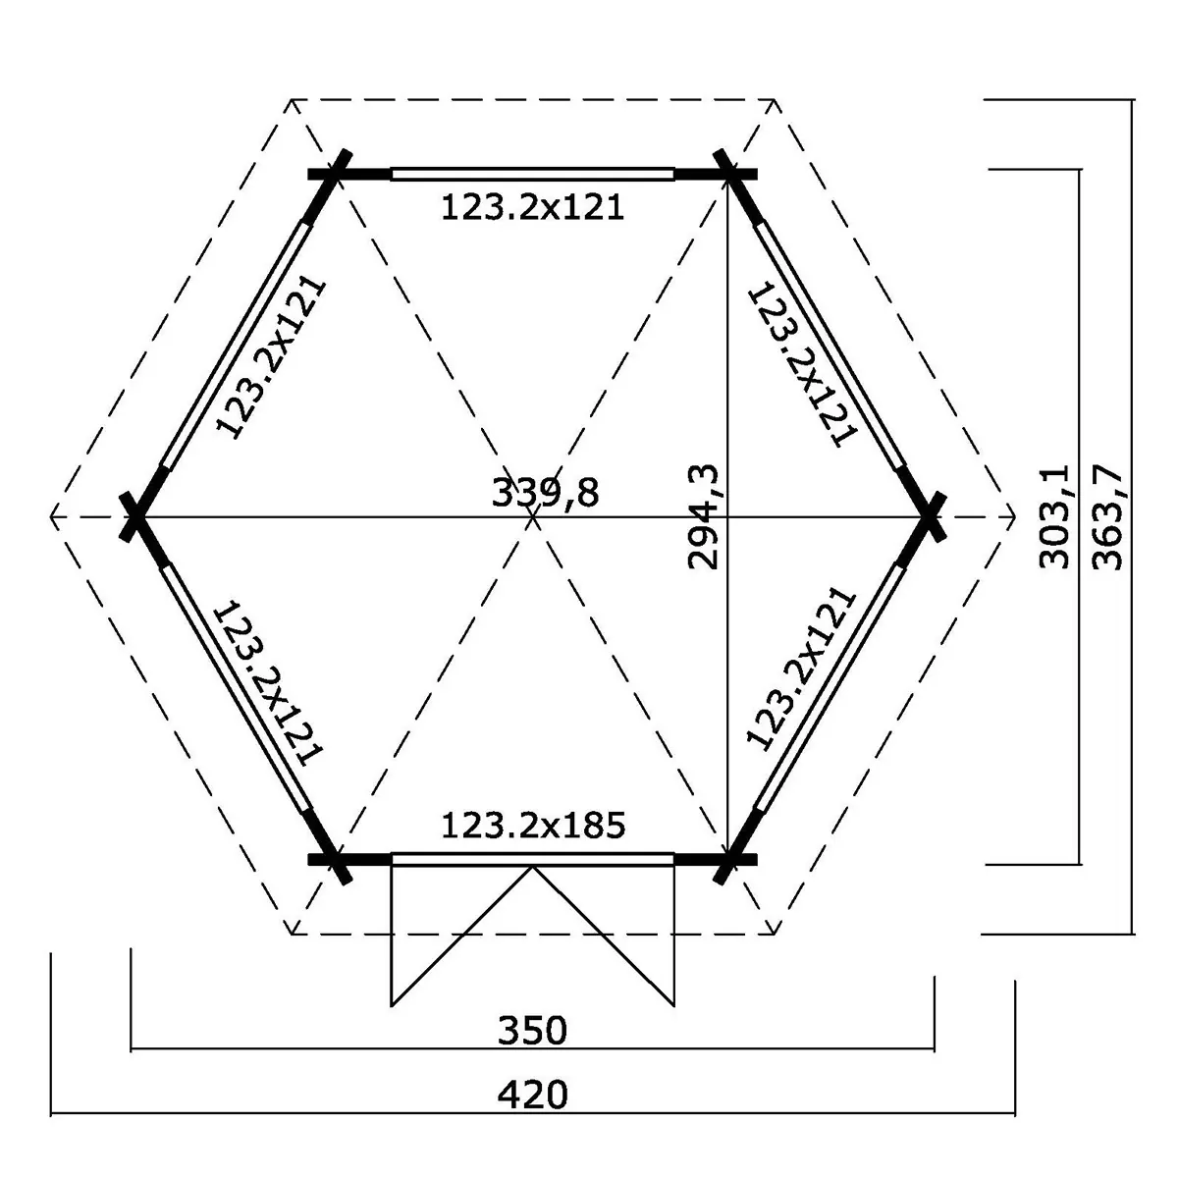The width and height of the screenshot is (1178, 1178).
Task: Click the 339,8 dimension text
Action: tap(545, 493)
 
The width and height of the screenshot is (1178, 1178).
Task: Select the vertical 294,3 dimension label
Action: tap(704, 517)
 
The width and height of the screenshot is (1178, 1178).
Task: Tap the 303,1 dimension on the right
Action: tap(1054, 516)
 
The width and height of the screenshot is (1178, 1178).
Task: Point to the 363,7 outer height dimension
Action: tap(1107, 517)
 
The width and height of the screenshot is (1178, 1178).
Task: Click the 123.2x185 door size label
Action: tap(533, 826)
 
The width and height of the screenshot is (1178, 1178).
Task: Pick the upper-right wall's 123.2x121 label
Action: tap(803, 364)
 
